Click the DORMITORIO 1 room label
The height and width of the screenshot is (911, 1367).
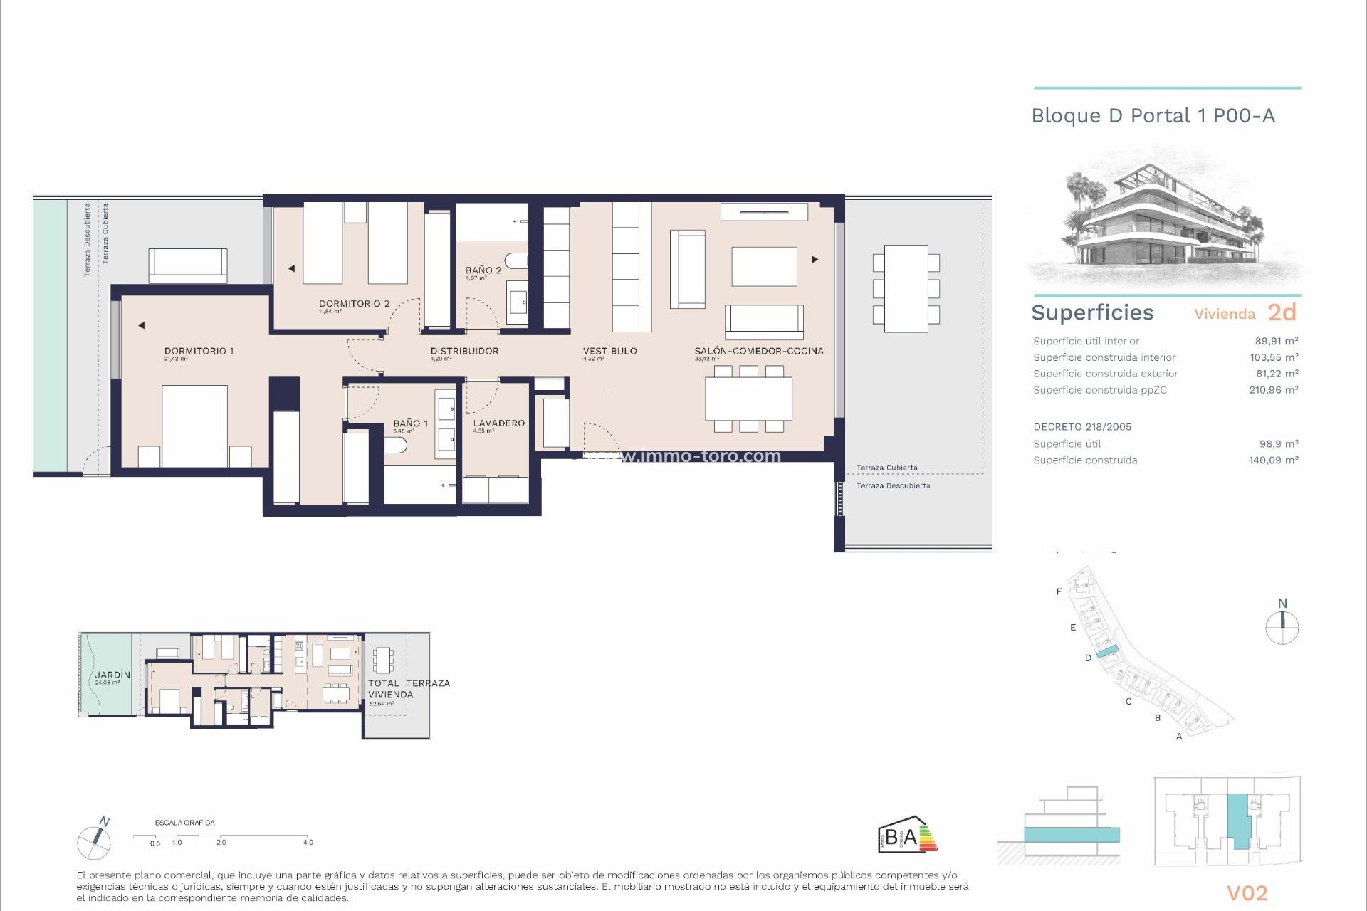199,351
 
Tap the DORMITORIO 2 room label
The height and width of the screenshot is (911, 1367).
354,303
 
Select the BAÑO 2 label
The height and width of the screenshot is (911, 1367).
483,270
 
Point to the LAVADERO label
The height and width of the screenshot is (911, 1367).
498,423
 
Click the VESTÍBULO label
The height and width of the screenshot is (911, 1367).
609,351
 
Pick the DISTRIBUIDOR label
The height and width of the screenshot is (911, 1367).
464,351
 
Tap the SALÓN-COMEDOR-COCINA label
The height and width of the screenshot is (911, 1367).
759,351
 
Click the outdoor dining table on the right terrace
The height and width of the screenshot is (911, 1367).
906,288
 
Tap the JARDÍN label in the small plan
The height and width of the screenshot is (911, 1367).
113,675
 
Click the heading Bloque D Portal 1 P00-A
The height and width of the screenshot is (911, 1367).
1153,116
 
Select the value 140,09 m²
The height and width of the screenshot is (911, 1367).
1273,460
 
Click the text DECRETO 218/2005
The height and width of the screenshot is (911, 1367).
1082,427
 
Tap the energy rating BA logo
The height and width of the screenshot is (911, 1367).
906,835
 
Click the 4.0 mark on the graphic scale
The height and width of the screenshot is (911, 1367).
308,843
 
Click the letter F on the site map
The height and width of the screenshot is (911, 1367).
1059,591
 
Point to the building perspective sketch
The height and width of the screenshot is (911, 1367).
1166,221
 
